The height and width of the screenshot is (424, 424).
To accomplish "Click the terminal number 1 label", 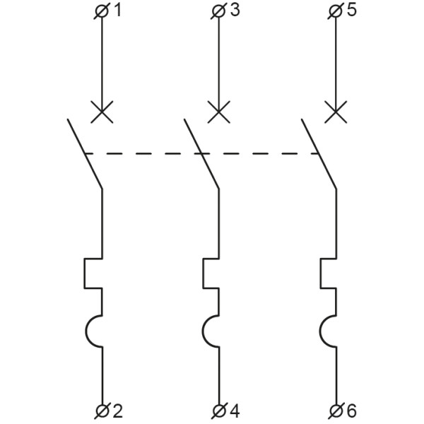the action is tap(117, 11).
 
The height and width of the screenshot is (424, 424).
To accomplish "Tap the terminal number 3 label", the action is tap(235, 11).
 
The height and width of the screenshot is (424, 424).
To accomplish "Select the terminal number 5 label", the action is tap(352, 11).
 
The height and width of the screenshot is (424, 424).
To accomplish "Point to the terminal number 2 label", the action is tap(117, 411).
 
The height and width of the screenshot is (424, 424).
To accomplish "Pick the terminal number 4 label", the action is tap(235, 411).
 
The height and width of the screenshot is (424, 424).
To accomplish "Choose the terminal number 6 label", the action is tap(351, 411).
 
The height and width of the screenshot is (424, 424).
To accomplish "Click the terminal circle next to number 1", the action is tap(102, 11).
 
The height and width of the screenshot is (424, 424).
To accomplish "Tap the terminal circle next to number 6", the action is tap(336, 411).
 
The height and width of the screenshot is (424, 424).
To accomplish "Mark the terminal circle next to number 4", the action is tap(219, 411).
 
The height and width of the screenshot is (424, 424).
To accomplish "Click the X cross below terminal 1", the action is tap(102, 112).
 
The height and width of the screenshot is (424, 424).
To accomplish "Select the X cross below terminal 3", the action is tap(219, 112).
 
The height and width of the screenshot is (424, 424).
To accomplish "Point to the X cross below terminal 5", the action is tap(336, 112).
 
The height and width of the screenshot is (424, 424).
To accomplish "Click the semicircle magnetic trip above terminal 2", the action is tap(86, 331).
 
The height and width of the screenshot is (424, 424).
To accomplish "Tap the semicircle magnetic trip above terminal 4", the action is tap(203, 331).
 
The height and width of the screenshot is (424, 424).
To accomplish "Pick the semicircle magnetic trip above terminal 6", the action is tap(320, 331).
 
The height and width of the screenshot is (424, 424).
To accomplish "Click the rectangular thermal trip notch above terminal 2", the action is tap(84, 273).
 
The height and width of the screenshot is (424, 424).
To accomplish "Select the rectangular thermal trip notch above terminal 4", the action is tap(204, 273).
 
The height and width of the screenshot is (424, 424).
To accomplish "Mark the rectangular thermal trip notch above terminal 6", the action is tap(321, 273).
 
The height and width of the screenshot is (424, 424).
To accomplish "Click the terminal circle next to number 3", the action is tap(219, 11).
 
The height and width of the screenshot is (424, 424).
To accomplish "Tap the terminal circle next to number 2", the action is tap(102, 411).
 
